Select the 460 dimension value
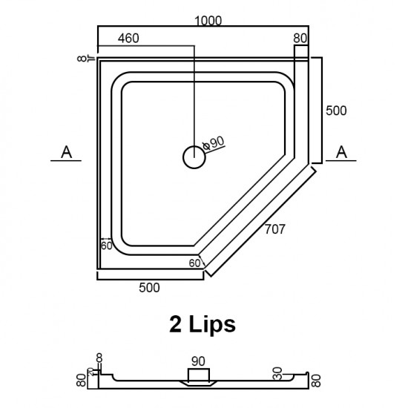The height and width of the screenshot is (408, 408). click(128, 37)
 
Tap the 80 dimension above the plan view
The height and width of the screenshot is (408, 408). click(300, 37)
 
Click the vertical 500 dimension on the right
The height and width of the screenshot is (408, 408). click(337, 110)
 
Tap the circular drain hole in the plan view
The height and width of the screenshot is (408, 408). click(193, 156)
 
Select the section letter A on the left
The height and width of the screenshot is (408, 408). click(67, 152)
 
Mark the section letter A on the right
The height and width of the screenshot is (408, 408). click(341, 152)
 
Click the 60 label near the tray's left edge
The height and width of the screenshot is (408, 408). click(107, 246)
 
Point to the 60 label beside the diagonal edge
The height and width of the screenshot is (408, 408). click(194, 263)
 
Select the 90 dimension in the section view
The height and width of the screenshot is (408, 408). click(197, 361)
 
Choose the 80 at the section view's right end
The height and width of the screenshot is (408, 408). click(317, 381)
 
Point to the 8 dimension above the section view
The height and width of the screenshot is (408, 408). click(99, 357)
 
